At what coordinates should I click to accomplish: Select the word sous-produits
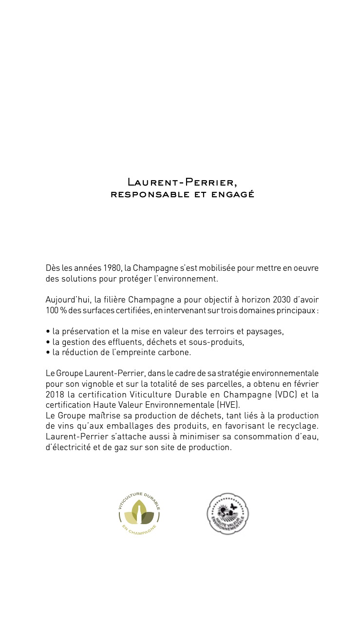219,342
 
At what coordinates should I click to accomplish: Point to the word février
304,384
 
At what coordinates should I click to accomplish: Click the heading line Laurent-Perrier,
182,183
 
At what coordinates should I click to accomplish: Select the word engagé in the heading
236,194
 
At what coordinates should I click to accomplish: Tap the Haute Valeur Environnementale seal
228,513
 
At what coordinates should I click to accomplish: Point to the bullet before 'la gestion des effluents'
48,342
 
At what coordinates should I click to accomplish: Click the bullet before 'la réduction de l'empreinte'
48,353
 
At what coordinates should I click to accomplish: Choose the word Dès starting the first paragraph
52,268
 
